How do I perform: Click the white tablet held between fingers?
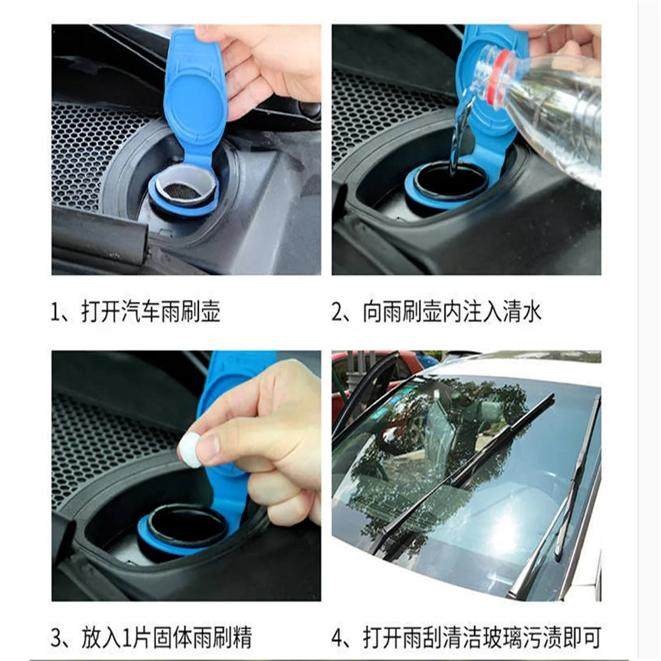[x=190, y=451]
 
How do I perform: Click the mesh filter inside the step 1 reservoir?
[x=182, y=190]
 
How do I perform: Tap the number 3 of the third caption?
[x=58, y=639]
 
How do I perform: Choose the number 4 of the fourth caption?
[x=338, y=639]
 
